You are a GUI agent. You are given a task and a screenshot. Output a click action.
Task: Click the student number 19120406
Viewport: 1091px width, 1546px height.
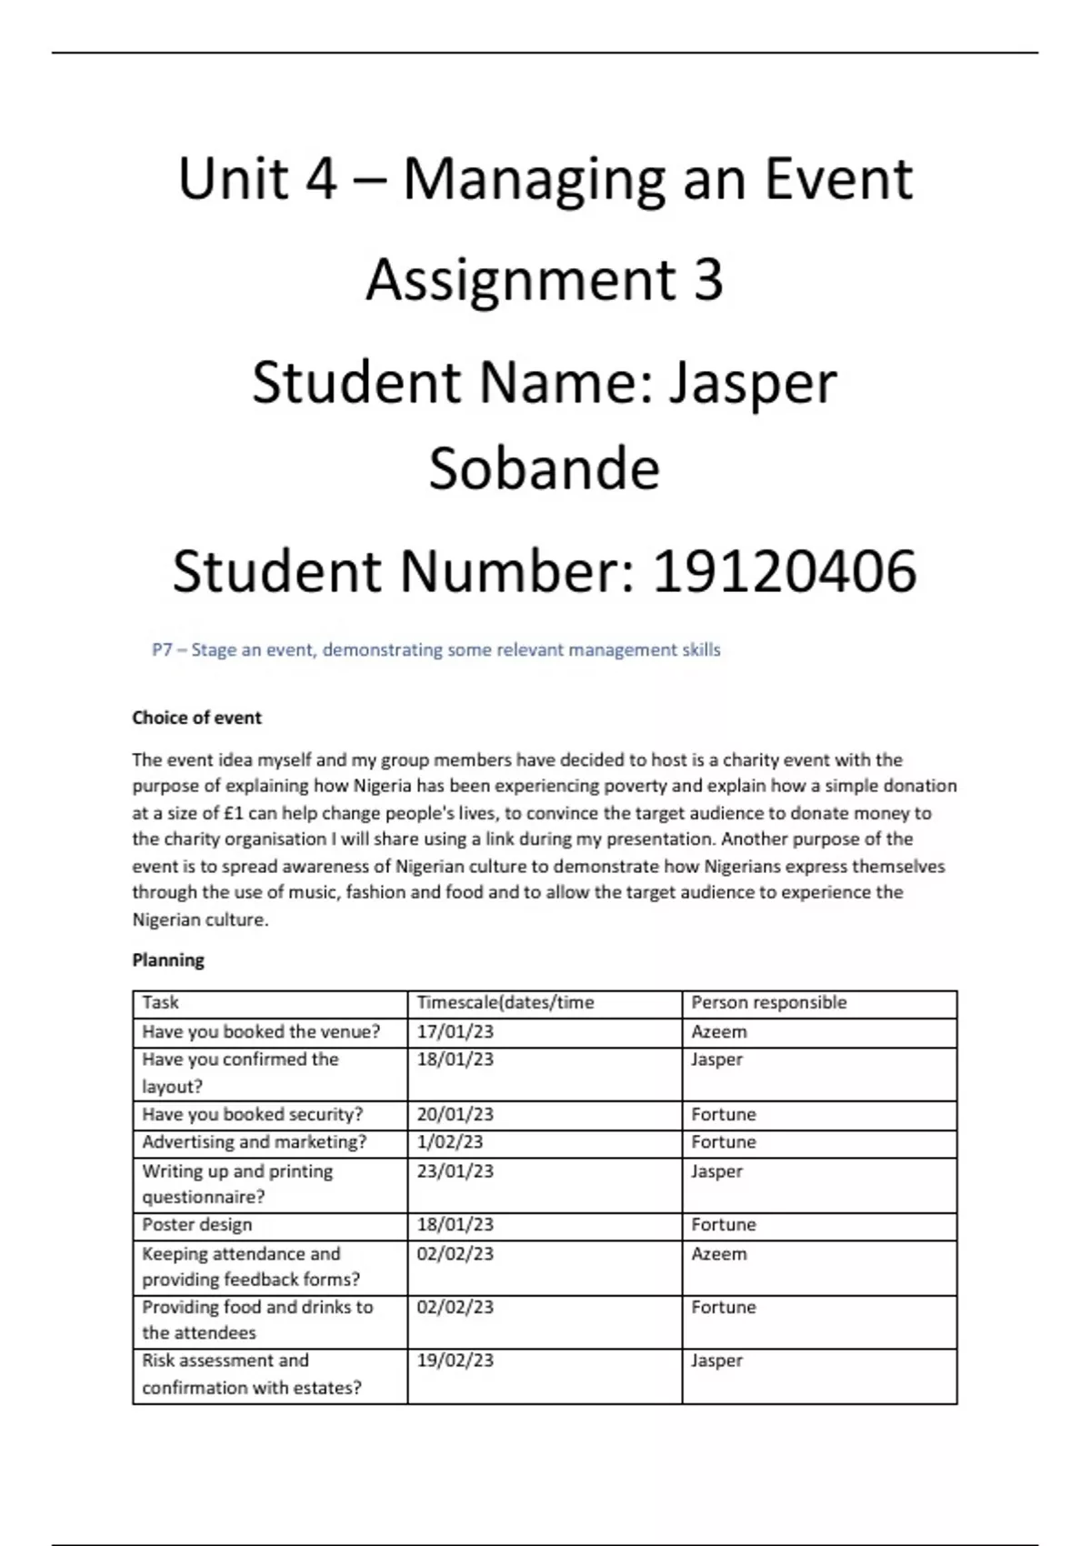click(785, 572)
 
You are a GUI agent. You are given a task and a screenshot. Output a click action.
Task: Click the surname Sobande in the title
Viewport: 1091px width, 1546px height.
click(544, 469)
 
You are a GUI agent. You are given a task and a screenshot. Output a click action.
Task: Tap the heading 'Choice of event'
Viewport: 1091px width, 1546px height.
click(196, 718)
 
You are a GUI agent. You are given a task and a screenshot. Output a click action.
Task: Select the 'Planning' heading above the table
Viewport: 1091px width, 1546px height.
click(168, 960)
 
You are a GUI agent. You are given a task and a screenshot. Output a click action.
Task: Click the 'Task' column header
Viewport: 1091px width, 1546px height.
click(160, 1002)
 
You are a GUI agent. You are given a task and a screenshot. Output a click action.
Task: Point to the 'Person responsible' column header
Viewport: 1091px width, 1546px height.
click(768, 1002)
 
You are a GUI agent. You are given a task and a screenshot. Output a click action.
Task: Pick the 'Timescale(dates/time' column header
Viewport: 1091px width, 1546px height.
click(505, 1002)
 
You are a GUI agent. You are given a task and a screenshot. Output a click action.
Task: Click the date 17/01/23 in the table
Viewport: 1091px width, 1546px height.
click(455, 1031)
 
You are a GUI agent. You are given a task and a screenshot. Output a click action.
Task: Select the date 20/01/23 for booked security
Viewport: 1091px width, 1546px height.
click(455, 1114)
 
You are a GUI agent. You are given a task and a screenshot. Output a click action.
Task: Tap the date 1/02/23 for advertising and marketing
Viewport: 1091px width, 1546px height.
click(449, 1141)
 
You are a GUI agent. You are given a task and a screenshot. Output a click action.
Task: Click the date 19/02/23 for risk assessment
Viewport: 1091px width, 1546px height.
click(455, 1360)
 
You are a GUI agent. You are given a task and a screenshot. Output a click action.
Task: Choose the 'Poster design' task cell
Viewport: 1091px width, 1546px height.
click(196, 1224)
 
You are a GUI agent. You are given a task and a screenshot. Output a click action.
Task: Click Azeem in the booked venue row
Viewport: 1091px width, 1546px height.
click(718, 1031)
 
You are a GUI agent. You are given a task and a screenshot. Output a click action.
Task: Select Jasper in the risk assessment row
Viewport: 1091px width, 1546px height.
click(716, 1360)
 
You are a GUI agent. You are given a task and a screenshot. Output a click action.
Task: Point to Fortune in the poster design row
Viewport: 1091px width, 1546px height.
click(723, 1224)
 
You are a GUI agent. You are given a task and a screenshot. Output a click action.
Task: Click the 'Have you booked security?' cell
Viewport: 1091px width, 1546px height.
click(252, 1114)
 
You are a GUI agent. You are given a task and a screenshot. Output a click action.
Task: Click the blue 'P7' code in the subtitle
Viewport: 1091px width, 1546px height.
click(162, 650)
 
